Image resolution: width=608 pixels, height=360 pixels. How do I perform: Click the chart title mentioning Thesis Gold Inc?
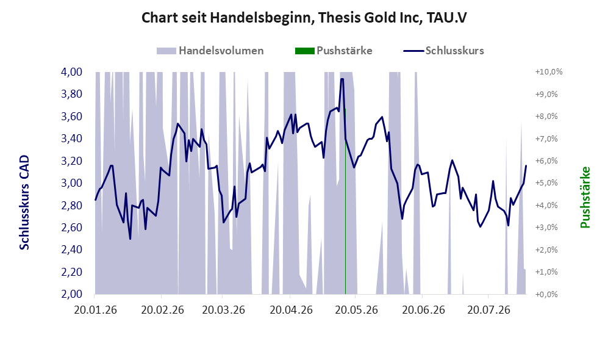(304, 18)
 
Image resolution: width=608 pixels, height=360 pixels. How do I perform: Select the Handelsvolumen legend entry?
(210, 51)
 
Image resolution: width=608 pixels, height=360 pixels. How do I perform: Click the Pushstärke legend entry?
(334, 51)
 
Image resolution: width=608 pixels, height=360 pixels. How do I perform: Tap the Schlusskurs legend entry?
(443, 51)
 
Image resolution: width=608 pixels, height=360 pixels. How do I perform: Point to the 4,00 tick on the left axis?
(72, 72)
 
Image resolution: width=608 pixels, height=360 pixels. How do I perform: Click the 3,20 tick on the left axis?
(72, 161)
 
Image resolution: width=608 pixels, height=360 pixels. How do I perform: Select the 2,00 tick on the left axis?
(72, 294)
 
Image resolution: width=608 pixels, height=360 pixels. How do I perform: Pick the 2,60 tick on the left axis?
(72, 228)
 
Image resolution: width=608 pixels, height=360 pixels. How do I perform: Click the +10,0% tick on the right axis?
(549, 72)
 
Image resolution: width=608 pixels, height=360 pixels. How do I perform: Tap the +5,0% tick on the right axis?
(546, 182)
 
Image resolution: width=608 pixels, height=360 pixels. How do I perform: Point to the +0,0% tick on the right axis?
(546, 295)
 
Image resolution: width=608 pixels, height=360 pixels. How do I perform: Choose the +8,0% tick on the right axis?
(546, 117)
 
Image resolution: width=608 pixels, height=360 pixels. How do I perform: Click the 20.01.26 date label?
(95, 311)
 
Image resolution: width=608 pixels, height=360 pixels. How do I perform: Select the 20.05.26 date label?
(356, 311)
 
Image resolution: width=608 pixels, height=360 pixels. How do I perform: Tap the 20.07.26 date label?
(488, 311)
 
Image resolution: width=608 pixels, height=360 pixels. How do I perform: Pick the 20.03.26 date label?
(223, 311)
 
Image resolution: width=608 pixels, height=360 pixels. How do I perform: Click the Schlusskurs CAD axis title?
(24, 202)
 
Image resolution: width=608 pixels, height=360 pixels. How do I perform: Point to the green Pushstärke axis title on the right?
(585, 197)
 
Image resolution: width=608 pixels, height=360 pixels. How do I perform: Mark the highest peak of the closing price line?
(342, 79)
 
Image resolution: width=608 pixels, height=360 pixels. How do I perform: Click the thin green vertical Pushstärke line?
(345, 201)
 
